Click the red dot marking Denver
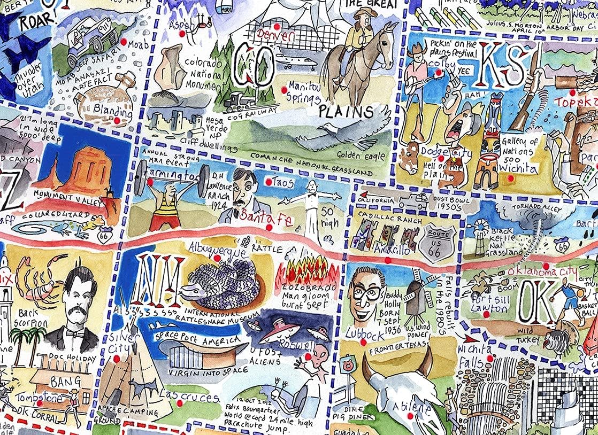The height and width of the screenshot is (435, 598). click(277, 26)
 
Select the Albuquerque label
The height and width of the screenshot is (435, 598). click(217, 248)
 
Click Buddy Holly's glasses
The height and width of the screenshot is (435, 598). click(366, 293)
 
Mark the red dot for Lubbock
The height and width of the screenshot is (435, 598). click(364, 343)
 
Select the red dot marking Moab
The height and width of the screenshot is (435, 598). click(124, 41)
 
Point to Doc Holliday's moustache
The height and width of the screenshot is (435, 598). click(74, 310)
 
